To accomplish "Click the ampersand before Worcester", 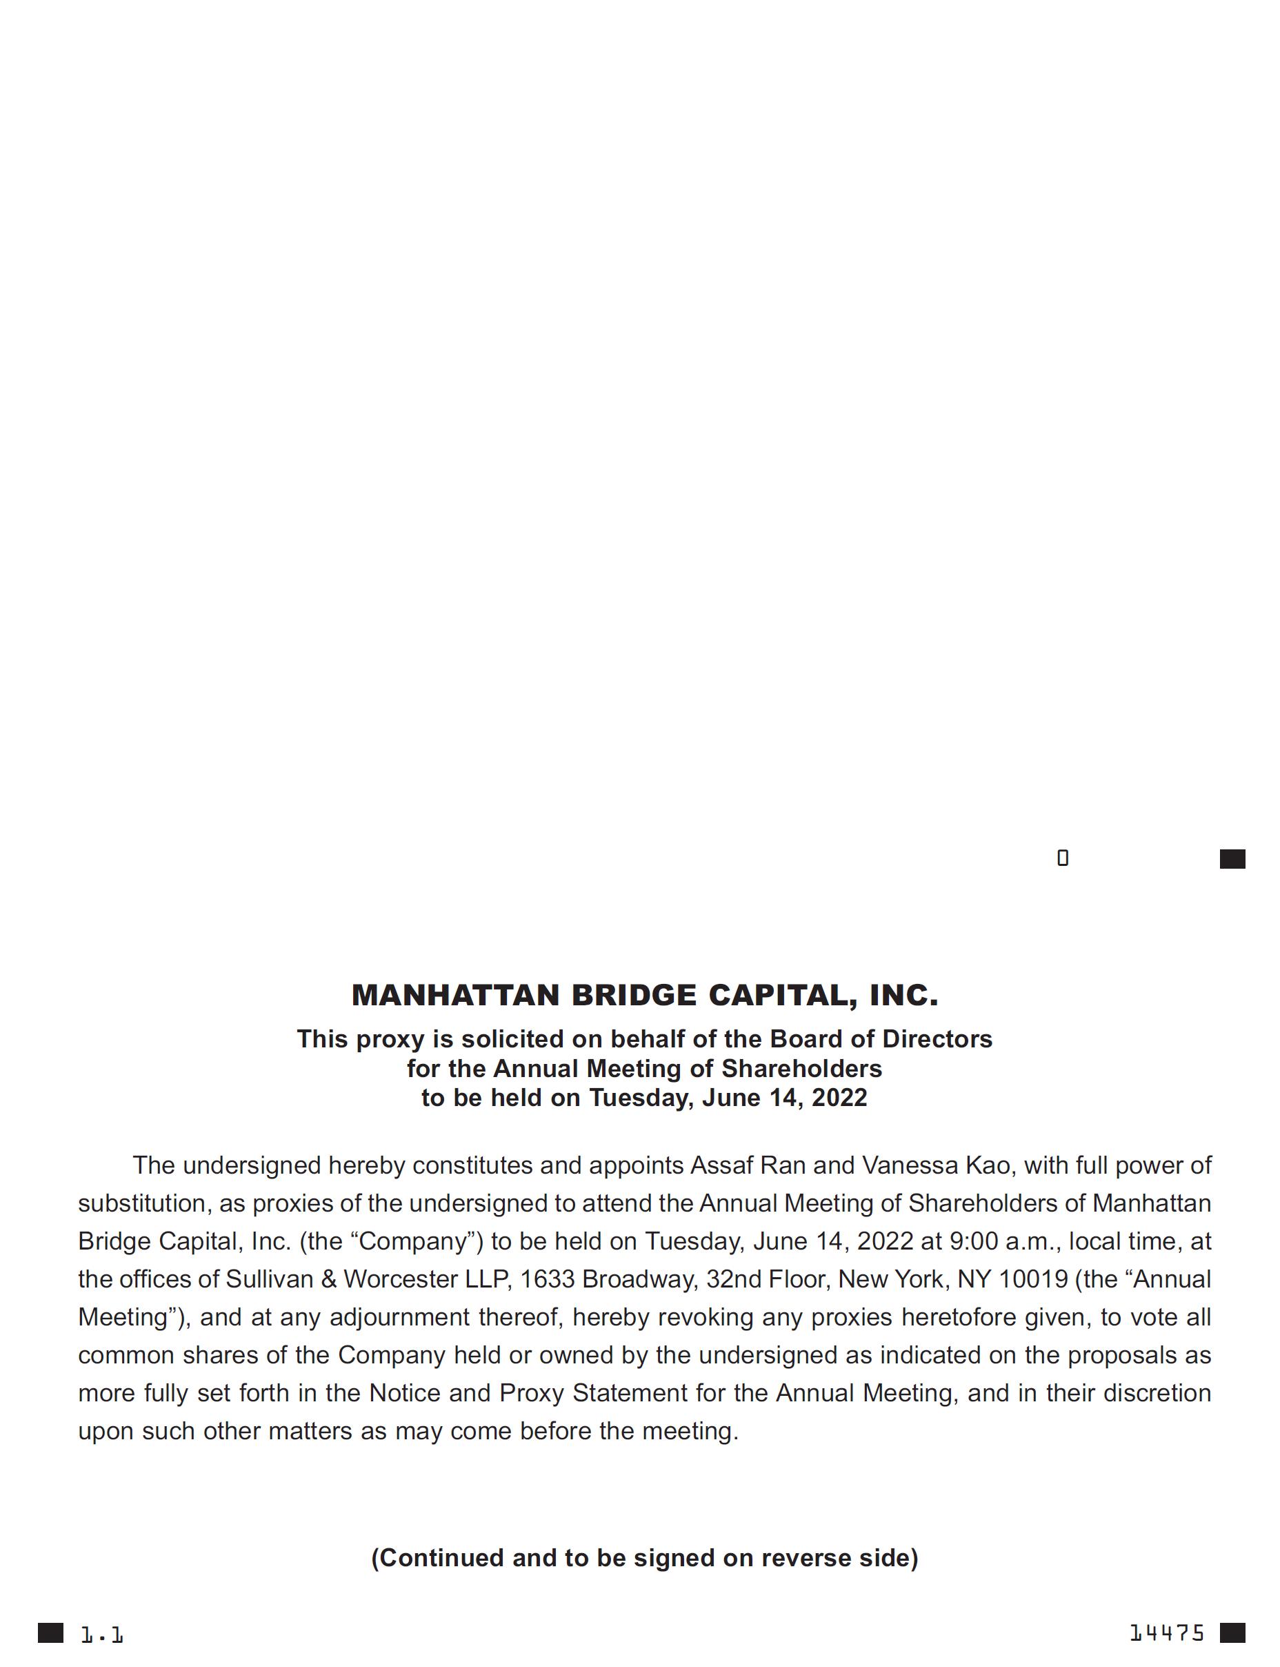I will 328,1279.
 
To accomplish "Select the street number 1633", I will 547,1279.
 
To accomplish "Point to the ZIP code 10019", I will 1033,1279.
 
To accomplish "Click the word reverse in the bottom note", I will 806,1558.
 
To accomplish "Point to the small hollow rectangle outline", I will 1063,858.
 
